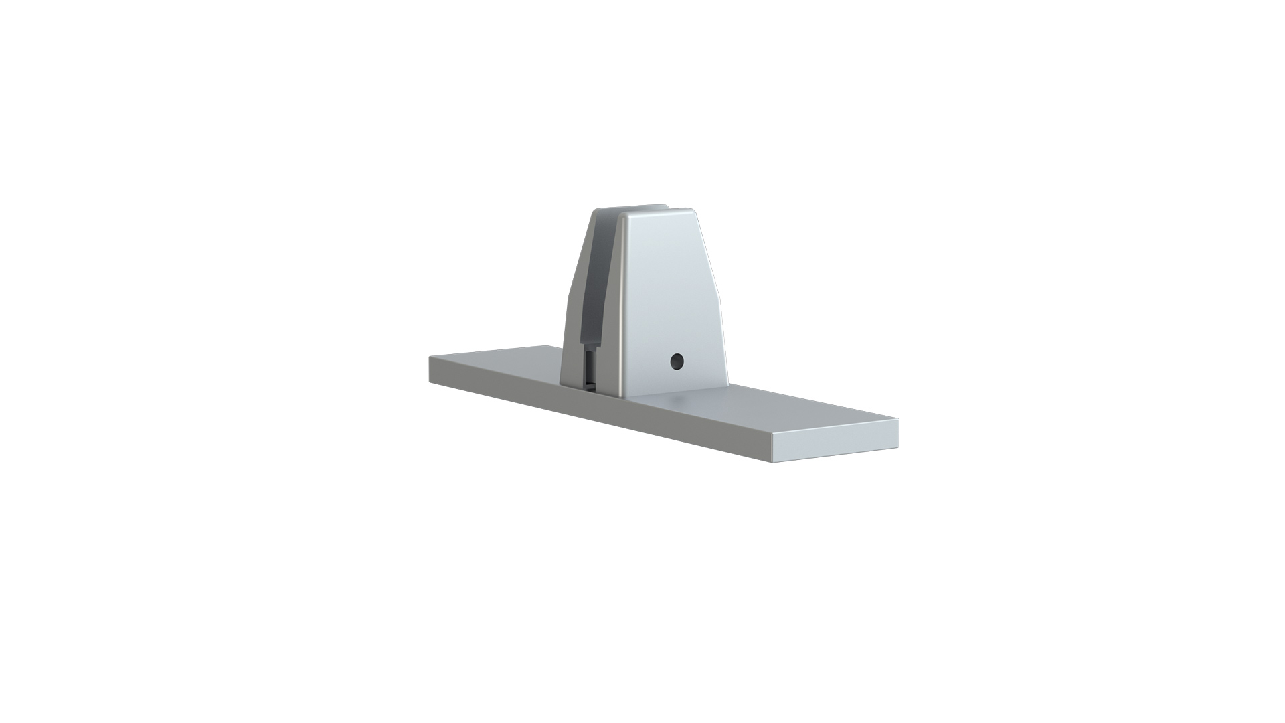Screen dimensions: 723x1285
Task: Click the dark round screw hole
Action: coord(677,361)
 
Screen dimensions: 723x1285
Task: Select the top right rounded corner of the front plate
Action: coord(692,213)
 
